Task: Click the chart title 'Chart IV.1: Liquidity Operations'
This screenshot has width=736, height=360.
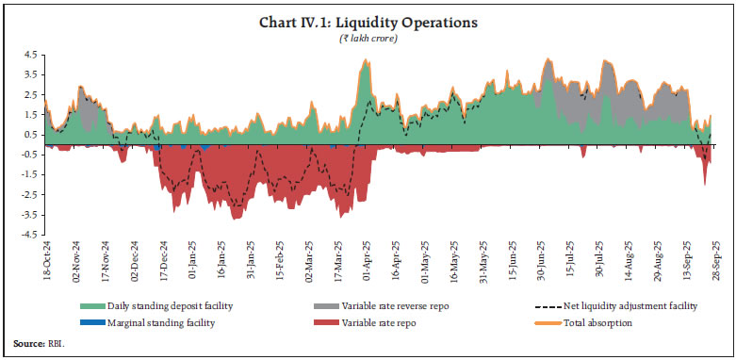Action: point(368,24)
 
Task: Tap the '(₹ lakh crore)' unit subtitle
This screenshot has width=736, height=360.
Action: point(368,39)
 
